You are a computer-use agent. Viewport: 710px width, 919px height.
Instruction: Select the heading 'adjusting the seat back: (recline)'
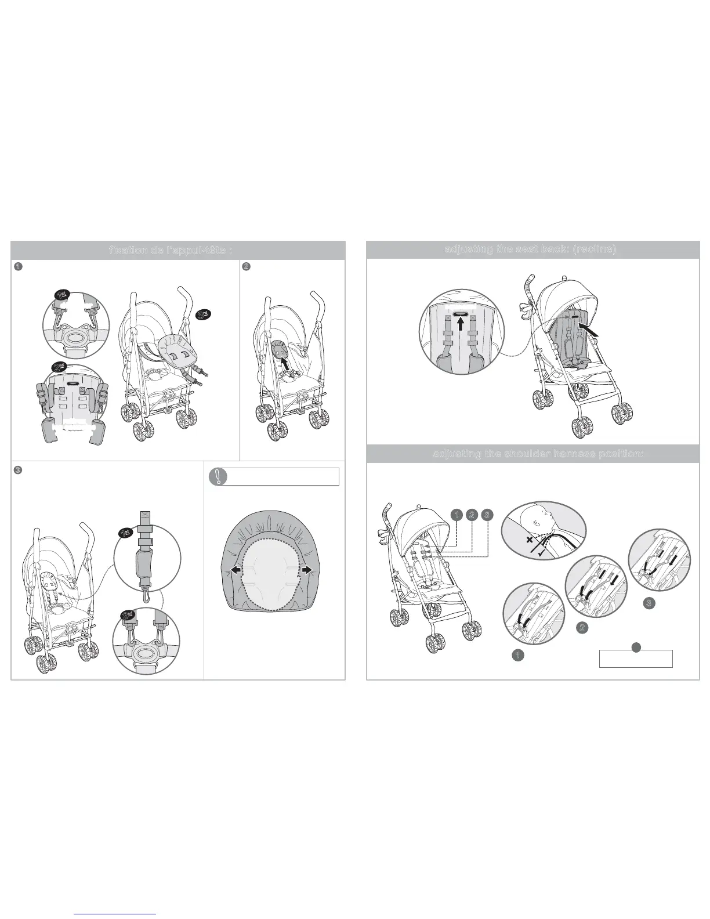click(x=532, y=249)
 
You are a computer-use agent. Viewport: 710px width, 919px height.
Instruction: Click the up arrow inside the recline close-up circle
click(x=461, y=323)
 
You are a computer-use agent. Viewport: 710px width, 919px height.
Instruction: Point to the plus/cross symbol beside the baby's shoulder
click(x=529, y=540)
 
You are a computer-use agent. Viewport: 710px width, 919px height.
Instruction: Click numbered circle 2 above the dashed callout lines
click(x=472, y=514)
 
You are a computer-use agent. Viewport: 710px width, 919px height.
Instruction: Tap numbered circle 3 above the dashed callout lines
click(x=487, y=514)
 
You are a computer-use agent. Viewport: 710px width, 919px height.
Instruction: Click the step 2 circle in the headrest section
click(x=246, y=267)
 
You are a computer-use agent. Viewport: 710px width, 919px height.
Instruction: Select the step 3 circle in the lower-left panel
click(x=18, y=469)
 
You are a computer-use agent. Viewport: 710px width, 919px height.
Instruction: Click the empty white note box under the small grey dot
click(x=635, y=659)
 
